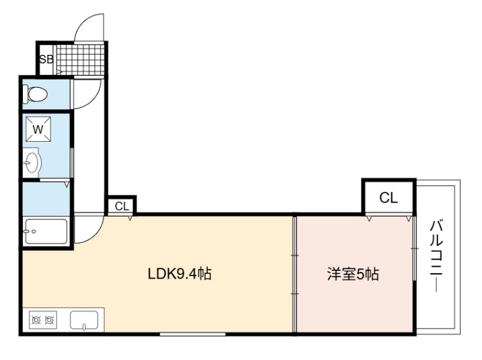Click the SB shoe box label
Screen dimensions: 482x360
pyautogui.click(x=46, y=59)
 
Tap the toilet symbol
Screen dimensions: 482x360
pyautogui.click(x=35, y=94)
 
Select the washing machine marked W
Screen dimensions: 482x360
pyautogui.click(x=38, y=129)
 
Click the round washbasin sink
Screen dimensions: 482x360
pyautogui.click(x=32, y=162)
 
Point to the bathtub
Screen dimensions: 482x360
pyautogui.click(x=46, y=232)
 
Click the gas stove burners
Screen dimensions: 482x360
pyautogui.click(x=43, y=320)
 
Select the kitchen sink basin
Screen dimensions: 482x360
pyautogui.click(x=84, y=320)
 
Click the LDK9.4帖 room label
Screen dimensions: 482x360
pyautogui.click(x=180, y=274)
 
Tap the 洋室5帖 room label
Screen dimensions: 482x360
pyautogui.click(x=353, y=274)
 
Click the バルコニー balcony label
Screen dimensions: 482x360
pyautogui.click(x=436, y=256)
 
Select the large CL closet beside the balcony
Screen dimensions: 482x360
pyautogui.click(x=389, y=197)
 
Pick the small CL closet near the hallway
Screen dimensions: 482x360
pyautogui.click(x=122, y=206)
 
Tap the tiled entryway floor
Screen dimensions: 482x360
pyautogui.click(x=81, y=60)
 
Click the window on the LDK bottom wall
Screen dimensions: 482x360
pyautogui.click(x=193, y=334)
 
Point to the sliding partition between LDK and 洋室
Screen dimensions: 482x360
pyautogui.click(x=295, y=274)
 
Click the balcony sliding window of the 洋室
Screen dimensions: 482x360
pyautogui.click(x=414, y=248)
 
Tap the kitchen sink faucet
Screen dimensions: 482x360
pyautogui.click(x=84, y=326)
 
